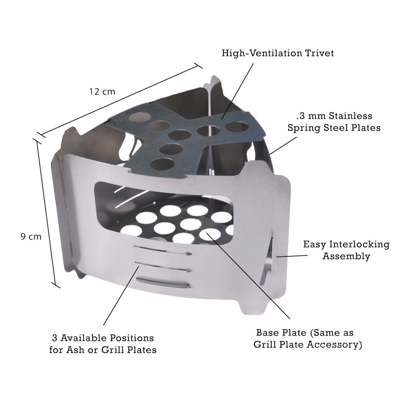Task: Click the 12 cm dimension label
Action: pos(102,91)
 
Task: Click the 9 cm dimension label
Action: pos(31,237)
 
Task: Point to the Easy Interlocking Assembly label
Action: pos(346,250)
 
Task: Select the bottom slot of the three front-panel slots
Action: pos(163,284)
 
